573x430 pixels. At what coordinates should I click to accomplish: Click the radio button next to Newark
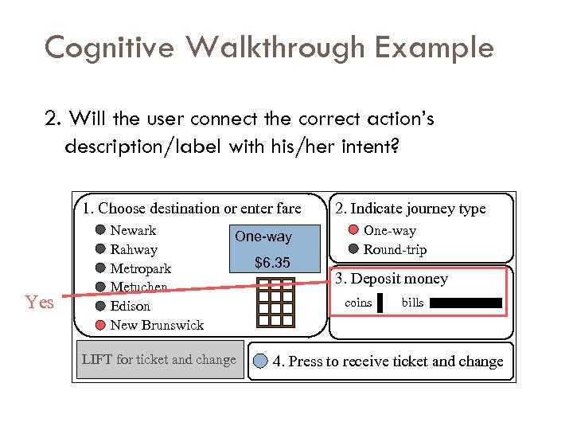coord(100,230)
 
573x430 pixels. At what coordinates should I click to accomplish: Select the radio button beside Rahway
coord(100,249)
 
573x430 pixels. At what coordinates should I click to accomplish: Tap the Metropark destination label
coord(140,268)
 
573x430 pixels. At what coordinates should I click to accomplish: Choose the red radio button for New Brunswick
coord(100,325)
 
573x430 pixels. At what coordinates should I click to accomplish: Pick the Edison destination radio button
coord(100,306)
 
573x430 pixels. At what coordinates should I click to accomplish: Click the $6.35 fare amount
coord(272,263)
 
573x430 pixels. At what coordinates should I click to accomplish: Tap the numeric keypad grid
coord(275,303)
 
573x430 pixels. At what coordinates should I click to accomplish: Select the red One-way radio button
coord(353,230)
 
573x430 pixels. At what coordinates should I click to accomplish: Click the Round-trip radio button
coord(353,249)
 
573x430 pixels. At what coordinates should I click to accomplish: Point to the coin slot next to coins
coord(380,303)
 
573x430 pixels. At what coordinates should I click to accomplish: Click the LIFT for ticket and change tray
coord(159,360)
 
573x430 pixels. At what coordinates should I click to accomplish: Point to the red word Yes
coord(39,303)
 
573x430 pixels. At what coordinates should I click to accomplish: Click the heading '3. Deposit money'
coord(391,279)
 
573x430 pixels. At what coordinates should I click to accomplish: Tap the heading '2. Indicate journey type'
coord(410,209)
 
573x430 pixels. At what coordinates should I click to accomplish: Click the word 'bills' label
coord(412,303)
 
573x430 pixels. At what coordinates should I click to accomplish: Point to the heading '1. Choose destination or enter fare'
coord(191,209)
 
